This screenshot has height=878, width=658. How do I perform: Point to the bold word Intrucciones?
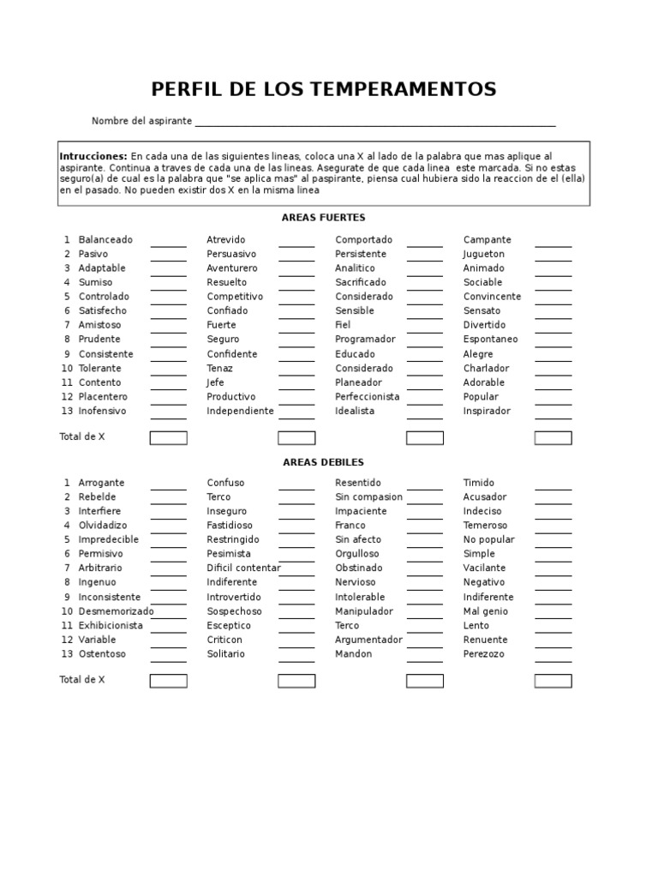[x=93, y=157]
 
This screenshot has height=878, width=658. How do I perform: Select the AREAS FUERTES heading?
[x=324, y=218]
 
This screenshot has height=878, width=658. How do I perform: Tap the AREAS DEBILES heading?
[x=324, y=462]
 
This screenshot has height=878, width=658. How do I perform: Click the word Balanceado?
[x=105, y=240]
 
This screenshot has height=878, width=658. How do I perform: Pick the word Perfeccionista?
[x=368, y=397]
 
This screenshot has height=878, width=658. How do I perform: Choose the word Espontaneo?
[x=491, y=340]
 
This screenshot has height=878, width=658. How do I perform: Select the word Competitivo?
[x=235, y=297]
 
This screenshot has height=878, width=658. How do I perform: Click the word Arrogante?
[x=101, y=483]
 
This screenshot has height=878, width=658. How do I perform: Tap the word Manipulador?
[x=364, y=611]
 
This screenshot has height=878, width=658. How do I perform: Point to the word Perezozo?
[x=484, y=654]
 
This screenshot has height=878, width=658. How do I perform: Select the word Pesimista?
[x=229, y=554]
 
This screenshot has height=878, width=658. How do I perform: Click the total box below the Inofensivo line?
[x=168, y=438]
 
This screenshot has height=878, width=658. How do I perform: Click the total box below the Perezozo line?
[x=553, y=681]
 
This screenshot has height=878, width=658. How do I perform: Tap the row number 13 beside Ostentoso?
[x=66, y=654]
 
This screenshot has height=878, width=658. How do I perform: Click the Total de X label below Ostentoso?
[x=82, y=680]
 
